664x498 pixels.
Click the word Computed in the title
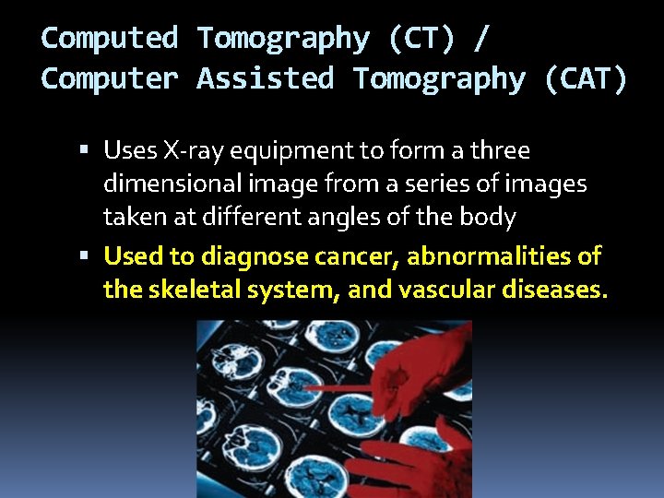(110, 38)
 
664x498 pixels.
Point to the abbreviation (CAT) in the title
(586, 78)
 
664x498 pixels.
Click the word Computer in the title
(110, 78)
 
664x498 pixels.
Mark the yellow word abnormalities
(493, 255)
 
